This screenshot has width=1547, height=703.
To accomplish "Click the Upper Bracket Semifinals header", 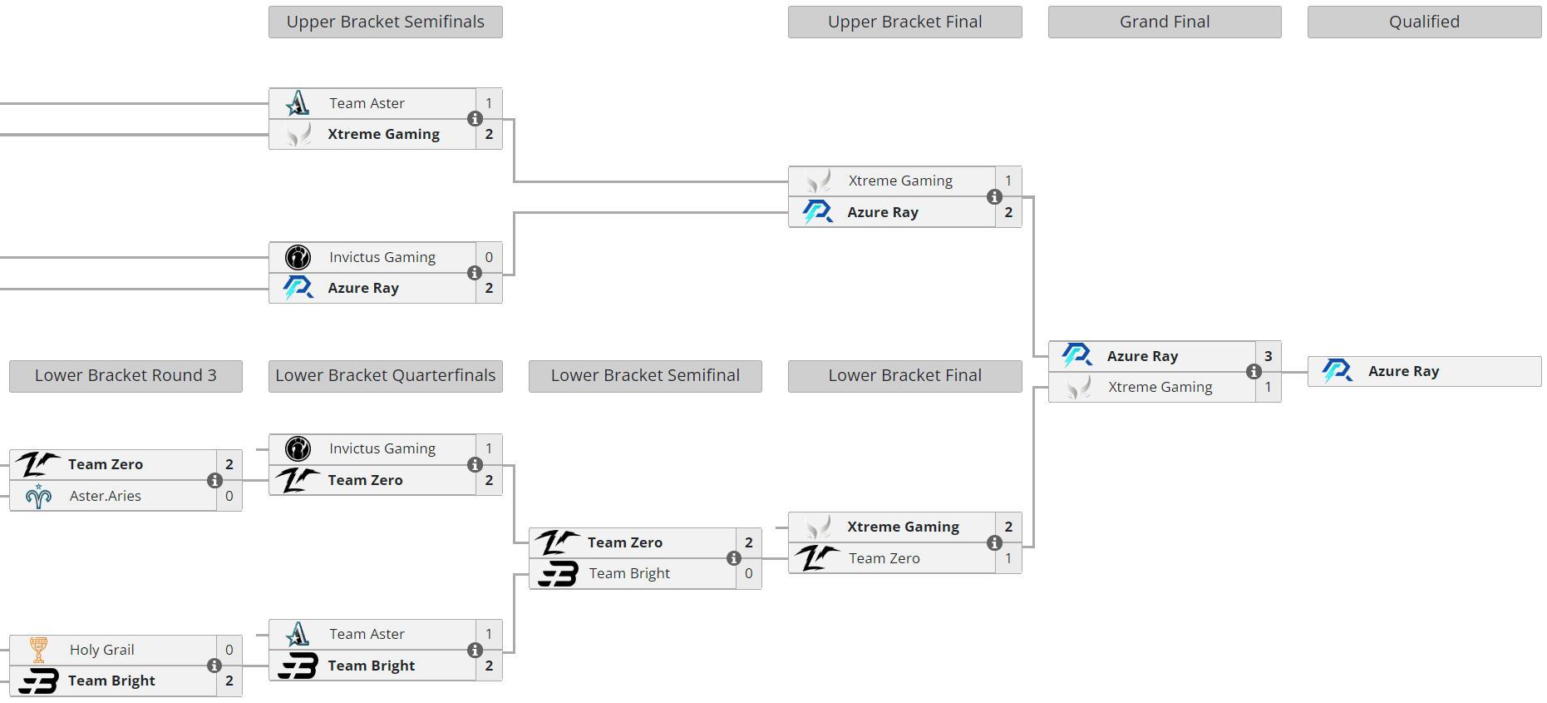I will pyautogui.click(x=385, y=22).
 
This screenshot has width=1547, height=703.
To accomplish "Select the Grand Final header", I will pyautogui.click(x=1164, y=22).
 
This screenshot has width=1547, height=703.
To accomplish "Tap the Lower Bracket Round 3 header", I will pyautogui.click(x=126, y=376).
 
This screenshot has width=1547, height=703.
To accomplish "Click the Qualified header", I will pyautogui.click(x=1423, y=22).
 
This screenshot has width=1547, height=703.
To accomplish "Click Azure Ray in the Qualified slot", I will pyautogui.click(x=1403, y=371).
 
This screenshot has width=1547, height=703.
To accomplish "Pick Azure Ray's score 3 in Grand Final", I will pyautogui.click(x=1268, y=356).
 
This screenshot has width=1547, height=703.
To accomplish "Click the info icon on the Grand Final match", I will pyautogui.click(x=1254, y=372).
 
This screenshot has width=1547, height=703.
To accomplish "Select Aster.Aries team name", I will pyautogui.click(x=106, y=496).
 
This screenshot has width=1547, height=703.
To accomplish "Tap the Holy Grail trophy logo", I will pyautogui.click(x=38, y=649).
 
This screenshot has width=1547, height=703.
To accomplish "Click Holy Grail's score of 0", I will pyautogui.click(x=229, y=650).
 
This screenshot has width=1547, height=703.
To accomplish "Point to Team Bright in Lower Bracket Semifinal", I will pyautogui.click(x=629, y=573).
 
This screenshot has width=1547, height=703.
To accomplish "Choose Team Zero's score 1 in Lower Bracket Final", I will pyautogui.click(x=1008, y=558).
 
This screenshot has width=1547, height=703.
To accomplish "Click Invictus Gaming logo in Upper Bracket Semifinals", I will pyautogui.click(x=298, y=257).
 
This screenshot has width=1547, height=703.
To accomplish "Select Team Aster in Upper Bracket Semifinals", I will pyautogui.click(x=367, y=103).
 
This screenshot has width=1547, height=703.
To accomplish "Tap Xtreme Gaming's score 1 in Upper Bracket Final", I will pyautogui.click(x=1008, y=181).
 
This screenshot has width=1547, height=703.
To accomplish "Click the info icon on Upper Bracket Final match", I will pyautogui.click(x=994, y=197).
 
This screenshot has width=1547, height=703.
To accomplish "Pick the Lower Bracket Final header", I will pyautogui.click(x=904, y=376).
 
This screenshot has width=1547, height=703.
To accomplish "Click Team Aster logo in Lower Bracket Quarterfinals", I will pyautogui.click(x=298, y=634).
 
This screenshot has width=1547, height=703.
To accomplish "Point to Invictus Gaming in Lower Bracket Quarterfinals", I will pyautogui.click(x=382, y=448).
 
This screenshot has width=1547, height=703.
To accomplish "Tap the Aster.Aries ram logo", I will pyautogui.click(x=38, y=496).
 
